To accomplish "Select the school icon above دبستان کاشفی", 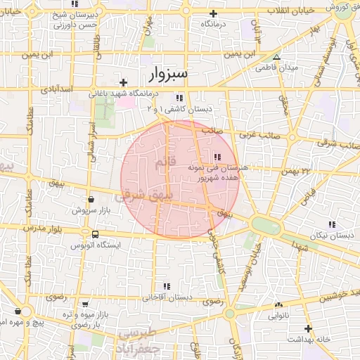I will (x=180, y=98).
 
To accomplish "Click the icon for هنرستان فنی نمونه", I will (x=217, y=157).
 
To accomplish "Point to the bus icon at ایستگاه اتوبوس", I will (x=94, y=233).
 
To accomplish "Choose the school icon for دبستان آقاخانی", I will (x=167, y=286).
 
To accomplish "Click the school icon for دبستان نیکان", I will (x=331, y=225).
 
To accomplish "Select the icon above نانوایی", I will (x=278, y=305).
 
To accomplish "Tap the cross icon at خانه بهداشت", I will (x=307, y=328).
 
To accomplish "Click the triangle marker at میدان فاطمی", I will (x=276, y=58).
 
